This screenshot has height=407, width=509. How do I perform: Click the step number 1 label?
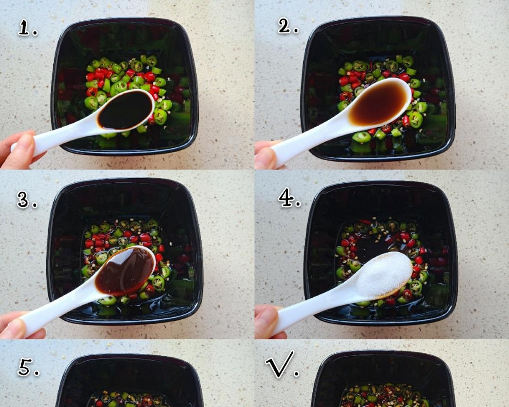pos(27,27)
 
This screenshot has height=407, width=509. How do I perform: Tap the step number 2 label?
pos(287,25)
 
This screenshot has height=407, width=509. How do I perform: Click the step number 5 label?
pos(28,367)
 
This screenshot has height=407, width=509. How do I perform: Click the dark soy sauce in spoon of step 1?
pos(125,110)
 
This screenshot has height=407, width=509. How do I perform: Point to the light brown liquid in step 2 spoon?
pos(378,103)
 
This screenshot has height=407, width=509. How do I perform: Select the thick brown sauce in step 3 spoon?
pos(124,271)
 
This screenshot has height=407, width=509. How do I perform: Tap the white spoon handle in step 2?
pos(312,143)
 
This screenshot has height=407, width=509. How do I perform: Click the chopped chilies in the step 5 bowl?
pos(130,399)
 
